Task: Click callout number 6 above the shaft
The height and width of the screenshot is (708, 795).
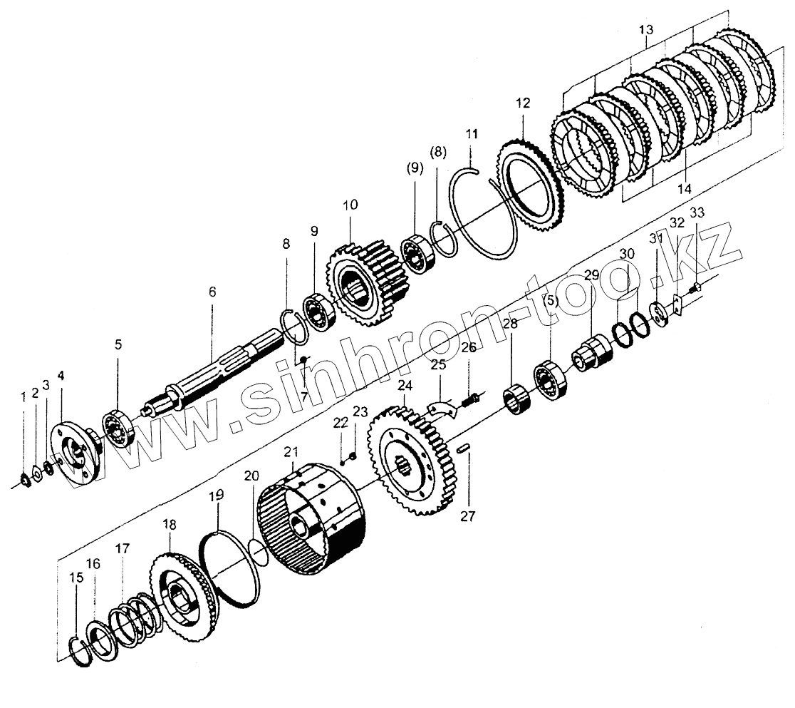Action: coord(212,292)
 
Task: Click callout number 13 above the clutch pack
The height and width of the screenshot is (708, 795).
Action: coord(645,30)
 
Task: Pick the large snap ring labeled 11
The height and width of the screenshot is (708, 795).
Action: coord(484,214)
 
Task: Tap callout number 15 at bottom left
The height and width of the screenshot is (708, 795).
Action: coord(76,578)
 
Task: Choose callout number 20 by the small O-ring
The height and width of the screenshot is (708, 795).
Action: coord(252,476)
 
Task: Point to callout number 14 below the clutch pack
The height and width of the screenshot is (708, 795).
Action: coord(684,189)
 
